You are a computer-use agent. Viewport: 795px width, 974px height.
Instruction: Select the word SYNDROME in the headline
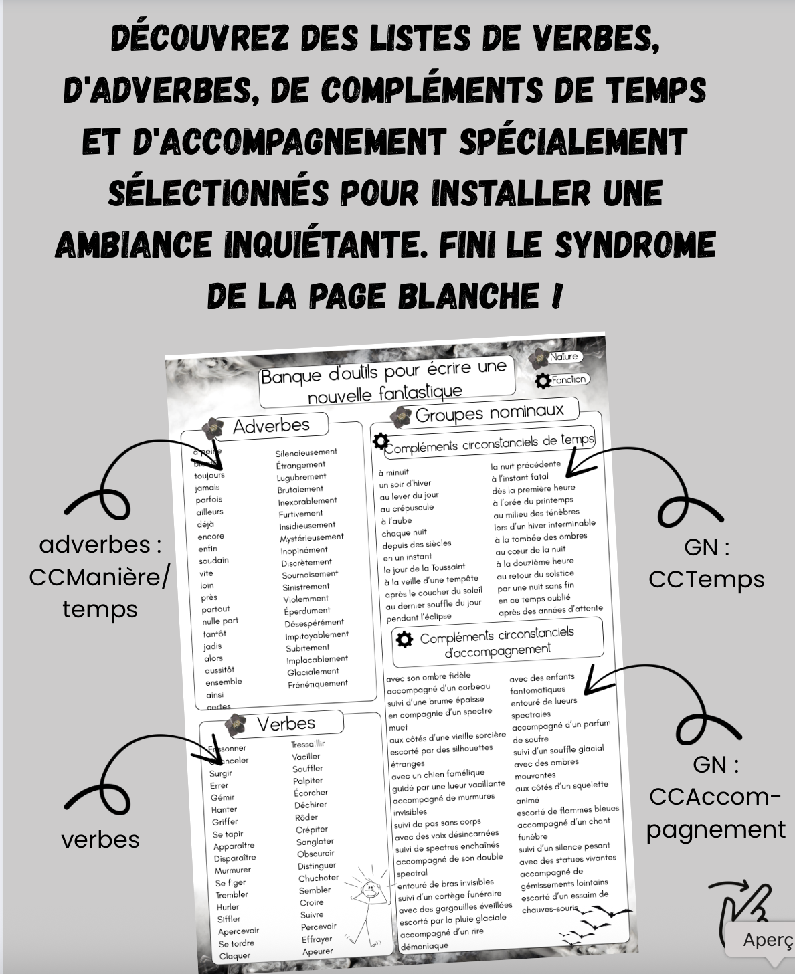pyautogui.click(x=636, y=244)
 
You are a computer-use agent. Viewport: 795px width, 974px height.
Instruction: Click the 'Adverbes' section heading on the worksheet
pyautogui.click(x=271, y=425)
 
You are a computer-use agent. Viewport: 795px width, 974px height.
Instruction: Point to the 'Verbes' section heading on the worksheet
pyautogui.click(x=286, y=723)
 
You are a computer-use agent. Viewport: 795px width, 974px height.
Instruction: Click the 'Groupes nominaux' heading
pyautogui.click(x=489, y=412)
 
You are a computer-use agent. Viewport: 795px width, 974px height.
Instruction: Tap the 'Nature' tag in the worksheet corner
pyautogui.click(x=563, y=357)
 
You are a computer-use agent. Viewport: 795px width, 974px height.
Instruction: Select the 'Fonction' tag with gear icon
pyautogui.click(x=568, y=379)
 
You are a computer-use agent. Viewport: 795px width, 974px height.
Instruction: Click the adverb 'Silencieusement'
pyautogui.click(x=306, y=452)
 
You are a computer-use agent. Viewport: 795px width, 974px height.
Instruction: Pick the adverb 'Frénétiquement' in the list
pyautogui.click(x=318, y=684)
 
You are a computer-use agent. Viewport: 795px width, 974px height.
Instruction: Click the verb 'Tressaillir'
pyautogui.click(x=308, y=744)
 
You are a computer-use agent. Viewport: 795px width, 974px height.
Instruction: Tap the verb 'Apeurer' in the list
pyautogui.click(x=318, y=951)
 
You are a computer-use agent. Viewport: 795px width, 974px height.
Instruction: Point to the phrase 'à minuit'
pyautogui.click(x=394, y=472)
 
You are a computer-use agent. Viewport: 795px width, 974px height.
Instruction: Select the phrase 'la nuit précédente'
pyautogui.click(x=526, y=465)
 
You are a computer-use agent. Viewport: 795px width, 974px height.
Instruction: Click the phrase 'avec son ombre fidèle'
pyautogui.click(x=428, y=677)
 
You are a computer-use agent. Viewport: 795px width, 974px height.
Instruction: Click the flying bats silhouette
pyautogui.click(x=596, y=923)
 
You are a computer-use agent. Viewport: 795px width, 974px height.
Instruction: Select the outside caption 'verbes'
pyautogui.click(x=100, y=840)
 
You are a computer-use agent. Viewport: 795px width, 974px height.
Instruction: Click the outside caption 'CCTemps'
pyautogui.click(x=707, y=579)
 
